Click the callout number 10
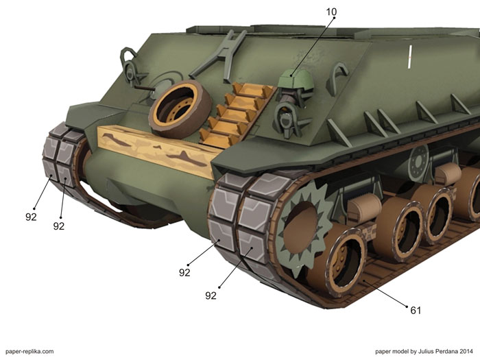[x=331, y=12]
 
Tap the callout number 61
[x=416, y=311]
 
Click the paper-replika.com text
[x=29, y=352]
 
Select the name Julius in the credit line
[x=427, y=351]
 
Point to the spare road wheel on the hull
[x=180, y=109]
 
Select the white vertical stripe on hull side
[x=410, y=56]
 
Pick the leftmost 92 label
[x=31, y=217]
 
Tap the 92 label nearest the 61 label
[x=211, y=296]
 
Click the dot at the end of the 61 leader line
[x=407, y=306]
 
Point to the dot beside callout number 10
[x=334, y=18]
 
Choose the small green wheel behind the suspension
[x=418, y=163]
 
